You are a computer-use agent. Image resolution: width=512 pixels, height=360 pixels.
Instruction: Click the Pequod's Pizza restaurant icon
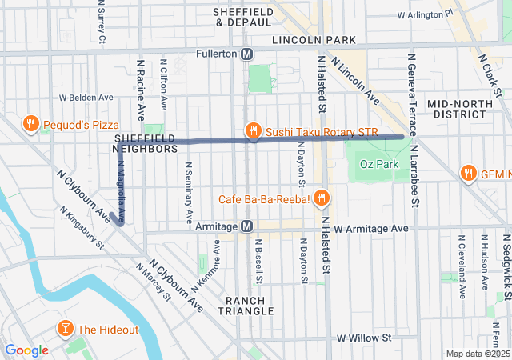tap(30, 124)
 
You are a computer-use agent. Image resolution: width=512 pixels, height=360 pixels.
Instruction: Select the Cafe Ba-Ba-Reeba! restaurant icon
tap(321, 198)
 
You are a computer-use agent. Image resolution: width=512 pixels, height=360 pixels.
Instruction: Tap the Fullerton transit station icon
tap(247, 54)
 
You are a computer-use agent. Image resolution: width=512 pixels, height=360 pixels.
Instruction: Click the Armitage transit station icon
tap(247, 227)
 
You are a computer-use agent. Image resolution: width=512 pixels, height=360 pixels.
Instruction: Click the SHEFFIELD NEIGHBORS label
tap(145, 143)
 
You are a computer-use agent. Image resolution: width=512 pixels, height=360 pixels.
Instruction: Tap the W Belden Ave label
tap(86, 98)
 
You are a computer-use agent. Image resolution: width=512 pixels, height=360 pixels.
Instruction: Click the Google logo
tap(26, 350)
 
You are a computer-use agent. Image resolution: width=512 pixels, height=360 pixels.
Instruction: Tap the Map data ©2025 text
tap(477, 354)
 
